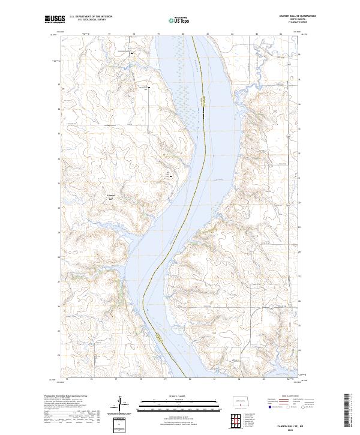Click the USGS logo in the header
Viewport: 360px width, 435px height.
pos(54,19)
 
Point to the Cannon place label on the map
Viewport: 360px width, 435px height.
pos(110,196)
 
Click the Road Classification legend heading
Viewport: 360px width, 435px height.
pos(288,397)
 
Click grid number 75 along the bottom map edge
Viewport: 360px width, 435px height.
pos(68,379)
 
